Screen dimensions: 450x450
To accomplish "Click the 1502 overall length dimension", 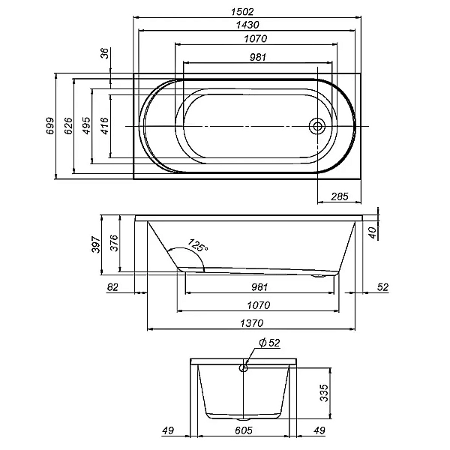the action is (x=242, y=12).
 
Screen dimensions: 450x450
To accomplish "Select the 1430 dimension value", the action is (x=247, y=25).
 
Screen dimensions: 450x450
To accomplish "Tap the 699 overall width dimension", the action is (x=50, y=126).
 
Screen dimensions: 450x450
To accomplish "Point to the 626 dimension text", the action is (x=68, y=126).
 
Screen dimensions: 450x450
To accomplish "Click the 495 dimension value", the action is (x=86, y=126).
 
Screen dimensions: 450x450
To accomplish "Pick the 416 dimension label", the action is (x=104, y=126).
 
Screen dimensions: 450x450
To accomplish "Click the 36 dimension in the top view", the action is (x=105, y=54).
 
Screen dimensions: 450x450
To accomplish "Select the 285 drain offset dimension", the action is (x=340, y=196).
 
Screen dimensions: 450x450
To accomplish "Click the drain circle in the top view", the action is (x=317, y=126).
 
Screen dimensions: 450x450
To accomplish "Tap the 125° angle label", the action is (x=198, y=245).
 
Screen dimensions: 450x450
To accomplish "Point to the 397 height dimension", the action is (x=96, y=244).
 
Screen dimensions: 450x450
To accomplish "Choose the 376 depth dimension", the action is (x=114, y=243).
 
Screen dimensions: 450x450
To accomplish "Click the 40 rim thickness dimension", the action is (x=372, y=232).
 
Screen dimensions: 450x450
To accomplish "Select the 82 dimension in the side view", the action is (x=112, y=287).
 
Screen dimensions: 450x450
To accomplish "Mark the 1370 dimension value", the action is (x=251, y=323).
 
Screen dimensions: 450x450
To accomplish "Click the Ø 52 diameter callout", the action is (x=269, y=343).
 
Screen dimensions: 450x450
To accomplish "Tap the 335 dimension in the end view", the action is (x=324, y=393).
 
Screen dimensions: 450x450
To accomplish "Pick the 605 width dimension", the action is (x=244, y=430).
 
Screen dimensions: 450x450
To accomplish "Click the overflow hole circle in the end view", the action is (x=244, y=367).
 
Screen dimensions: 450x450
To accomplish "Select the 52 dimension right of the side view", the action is (x=382, y=287).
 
